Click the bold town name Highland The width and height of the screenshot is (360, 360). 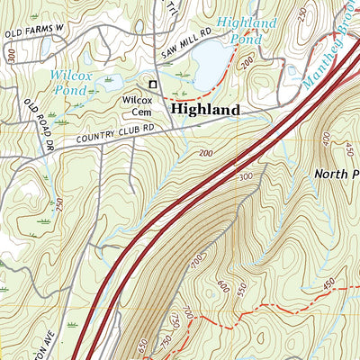pos(204,109)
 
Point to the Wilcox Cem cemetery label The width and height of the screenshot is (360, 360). pos(137,106)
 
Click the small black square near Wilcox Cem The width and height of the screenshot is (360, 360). pos(153,85)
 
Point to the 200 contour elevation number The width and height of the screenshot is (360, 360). pos(208,156)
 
